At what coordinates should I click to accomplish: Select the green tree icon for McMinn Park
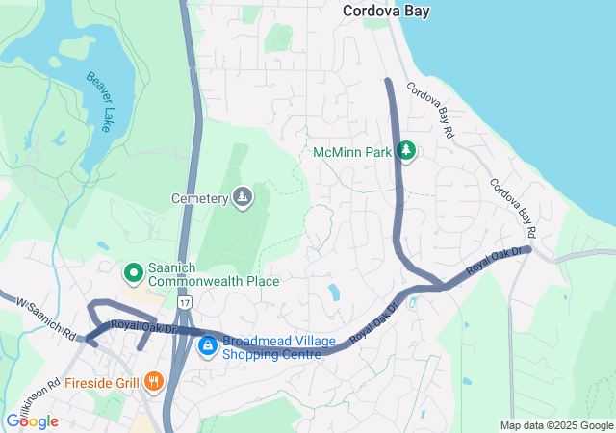406,151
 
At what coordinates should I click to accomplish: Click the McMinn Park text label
353,152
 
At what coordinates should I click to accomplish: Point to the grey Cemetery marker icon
243,198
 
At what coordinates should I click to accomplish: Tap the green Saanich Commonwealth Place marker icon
134,273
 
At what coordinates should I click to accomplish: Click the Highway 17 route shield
184,303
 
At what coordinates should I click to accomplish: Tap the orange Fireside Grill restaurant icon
153,382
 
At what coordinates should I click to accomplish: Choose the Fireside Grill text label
104,382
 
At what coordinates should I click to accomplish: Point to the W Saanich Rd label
45,319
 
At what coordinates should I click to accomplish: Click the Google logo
32,421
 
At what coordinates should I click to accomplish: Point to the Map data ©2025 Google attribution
556,425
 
